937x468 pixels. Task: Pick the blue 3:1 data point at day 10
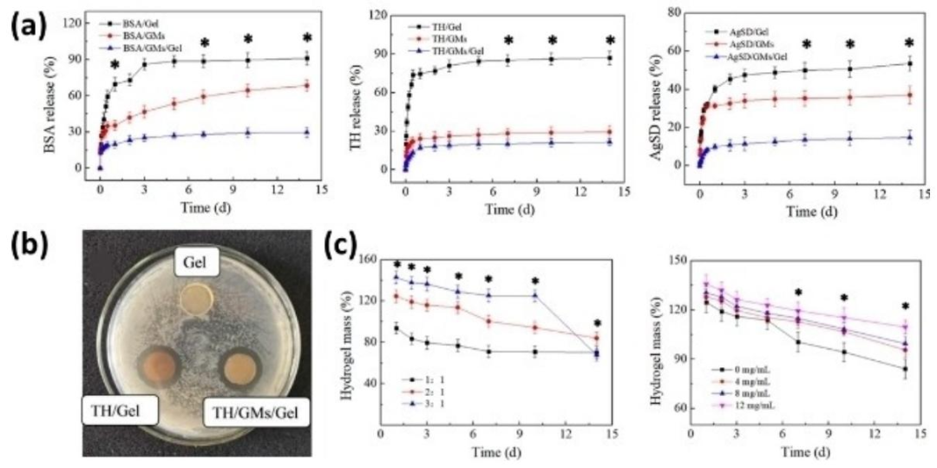point(535,295)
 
